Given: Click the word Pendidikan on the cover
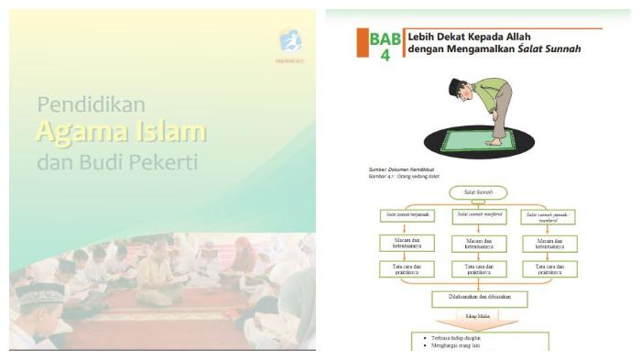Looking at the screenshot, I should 92,104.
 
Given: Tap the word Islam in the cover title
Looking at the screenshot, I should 170,133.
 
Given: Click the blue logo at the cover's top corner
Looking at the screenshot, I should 290,41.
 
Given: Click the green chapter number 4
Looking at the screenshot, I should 386,56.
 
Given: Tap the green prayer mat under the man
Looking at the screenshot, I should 476,145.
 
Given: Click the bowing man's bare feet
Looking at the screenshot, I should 495,143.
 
